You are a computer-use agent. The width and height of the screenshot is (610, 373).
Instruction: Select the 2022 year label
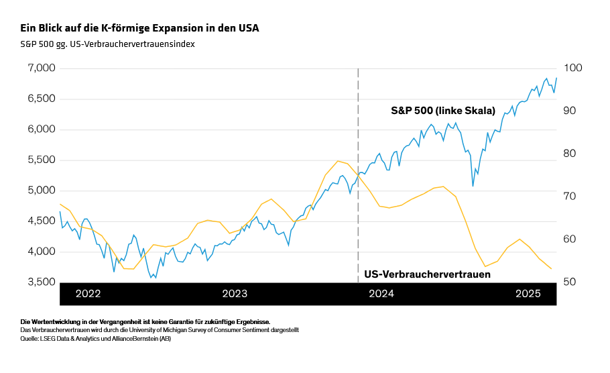pyautogui.click(x=88, y=294)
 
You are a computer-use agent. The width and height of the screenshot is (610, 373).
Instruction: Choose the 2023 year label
pyautogui.click(x=235, y=294)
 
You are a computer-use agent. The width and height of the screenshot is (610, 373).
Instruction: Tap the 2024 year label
pyautogui.click(x=381, y=294)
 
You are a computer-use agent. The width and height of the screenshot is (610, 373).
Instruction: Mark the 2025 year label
pyautogui.click(x=528, y=294)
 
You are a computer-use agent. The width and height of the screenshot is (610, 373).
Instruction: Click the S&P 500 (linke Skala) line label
pyautogui.click(x=442, y=111)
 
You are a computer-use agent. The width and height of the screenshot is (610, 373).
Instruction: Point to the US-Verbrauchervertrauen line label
pyautogui.click(x=427, y=274)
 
